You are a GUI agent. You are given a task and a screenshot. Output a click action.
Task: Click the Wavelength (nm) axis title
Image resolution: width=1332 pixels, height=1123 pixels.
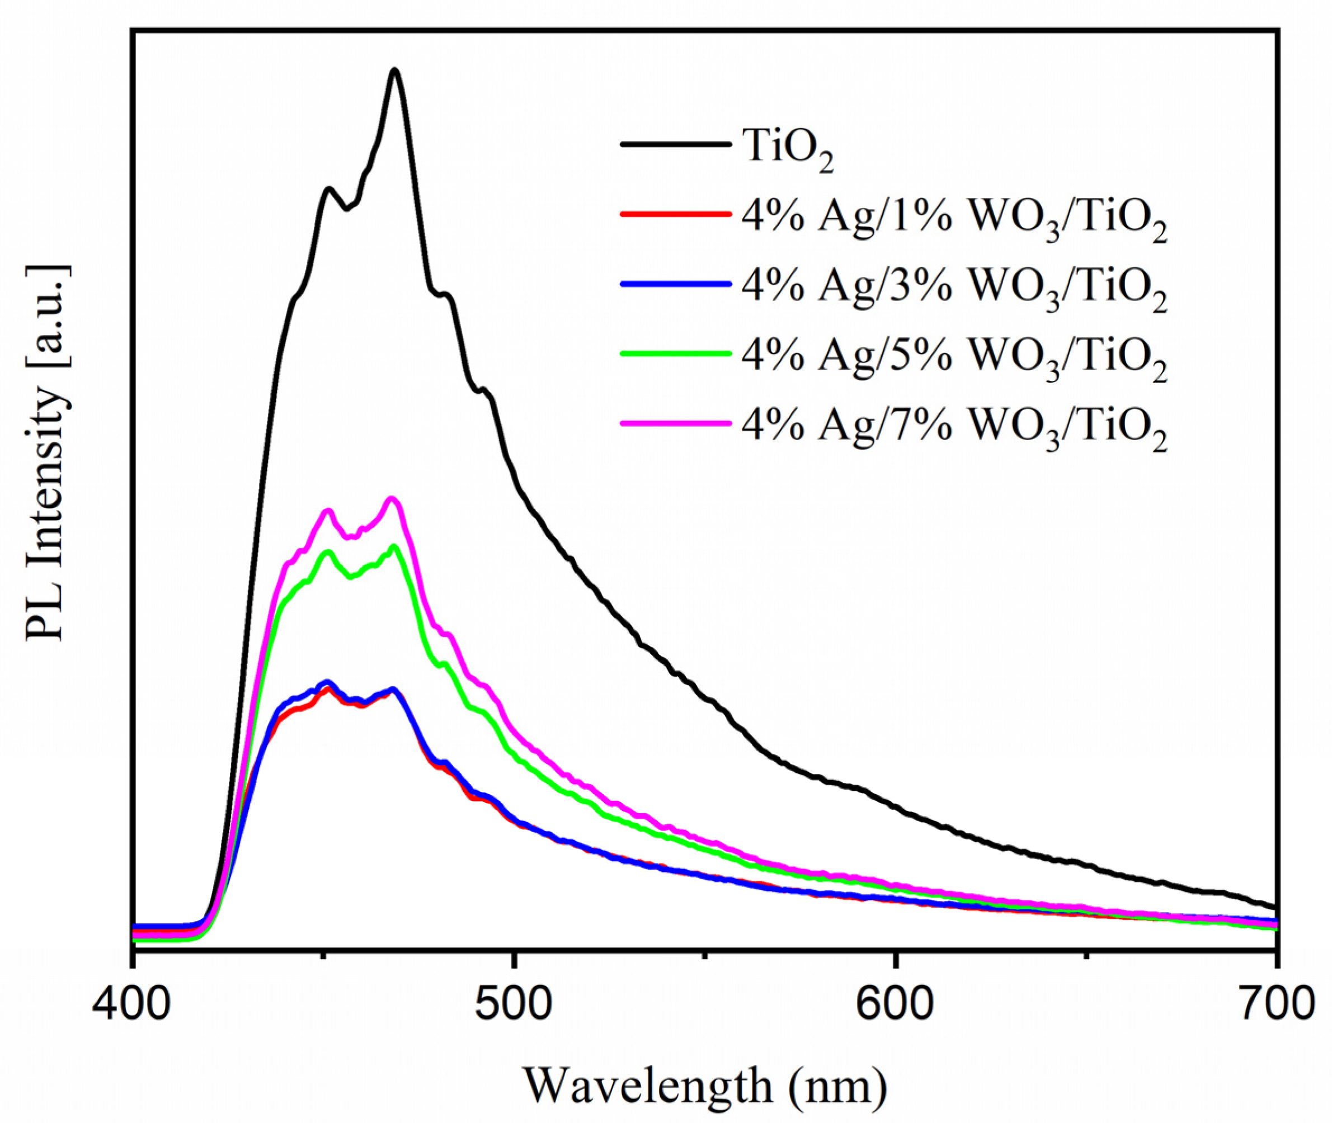704,1086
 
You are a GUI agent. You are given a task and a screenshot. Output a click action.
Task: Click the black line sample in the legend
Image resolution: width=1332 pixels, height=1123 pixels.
675,144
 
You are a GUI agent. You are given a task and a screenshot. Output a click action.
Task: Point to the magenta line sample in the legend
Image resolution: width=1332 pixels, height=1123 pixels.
675,422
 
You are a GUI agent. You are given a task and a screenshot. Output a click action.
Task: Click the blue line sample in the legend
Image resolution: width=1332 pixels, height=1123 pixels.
675,284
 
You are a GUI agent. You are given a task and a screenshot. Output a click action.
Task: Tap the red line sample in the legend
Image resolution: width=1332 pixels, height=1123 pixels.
675,214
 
